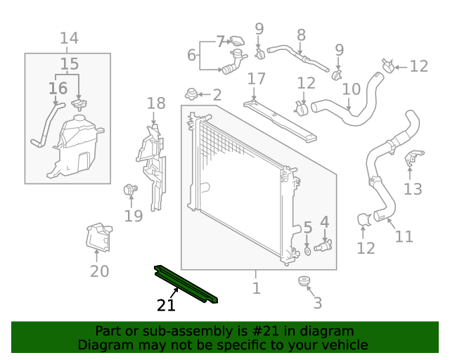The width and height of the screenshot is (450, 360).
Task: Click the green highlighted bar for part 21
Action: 186,285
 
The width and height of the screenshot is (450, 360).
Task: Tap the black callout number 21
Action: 166,305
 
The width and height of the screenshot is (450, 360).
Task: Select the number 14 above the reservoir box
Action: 68,38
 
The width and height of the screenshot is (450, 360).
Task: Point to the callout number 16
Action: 58,89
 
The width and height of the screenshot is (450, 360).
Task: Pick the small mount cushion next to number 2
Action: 191,94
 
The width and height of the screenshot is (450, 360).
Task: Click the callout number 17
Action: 256,78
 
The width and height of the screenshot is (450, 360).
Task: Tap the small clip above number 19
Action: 129,188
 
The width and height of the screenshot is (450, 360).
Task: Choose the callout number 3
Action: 317,303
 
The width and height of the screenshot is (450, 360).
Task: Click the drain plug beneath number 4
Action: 324,246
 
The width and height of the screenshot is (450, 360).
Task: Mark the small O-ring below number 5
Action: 308,250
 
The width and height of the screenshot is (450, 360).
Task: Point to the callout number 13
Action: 413,188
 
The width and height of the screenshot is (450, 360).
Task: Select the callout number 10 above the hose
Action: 351,89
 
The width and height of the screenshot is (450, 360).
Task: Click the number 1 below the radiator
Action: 256,288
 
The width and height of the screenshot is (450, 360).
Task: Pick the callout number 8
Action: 301,34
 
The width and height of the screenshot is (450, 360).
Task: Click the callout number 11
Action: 404,236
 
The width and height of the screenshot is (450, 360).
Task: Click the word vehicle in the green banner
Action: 345,345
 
